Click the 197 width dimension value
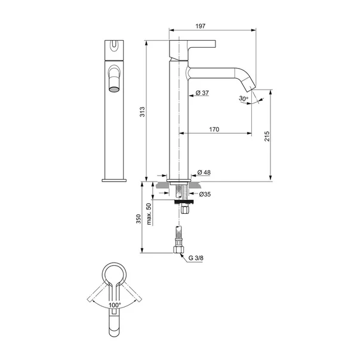pyautogui.click(x=201, y=26)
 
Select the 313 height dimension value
pyautogui.click(x=142, y=112)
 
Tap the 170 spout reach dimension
pyautogui.click(x=214, y=130)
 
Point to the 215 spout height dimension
pyautogui.click(x=267, y=136)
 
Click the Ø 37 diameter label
pyautogui.click(x=202, y=93)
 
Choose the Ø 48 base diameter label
pyautogui.click(x=204, y=172)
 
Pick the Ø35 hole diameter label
pyautogui.click(x=205, y=194)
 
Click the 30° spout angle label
pyautogui.click(x=244, y=99)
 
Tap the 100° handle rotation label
pyautogui.click(x=115, y=305)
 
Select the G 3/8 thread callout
pyautogui.click(x=196, y=258)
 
